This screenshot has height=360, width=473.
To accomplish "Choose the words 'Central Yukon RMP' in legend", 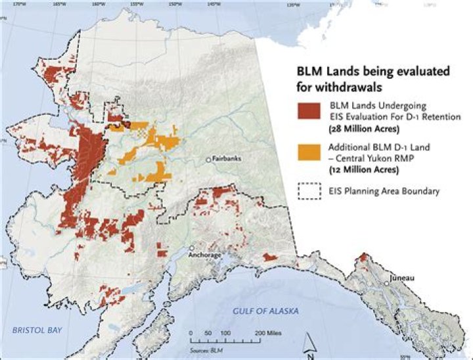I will [x=367, y=159].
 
